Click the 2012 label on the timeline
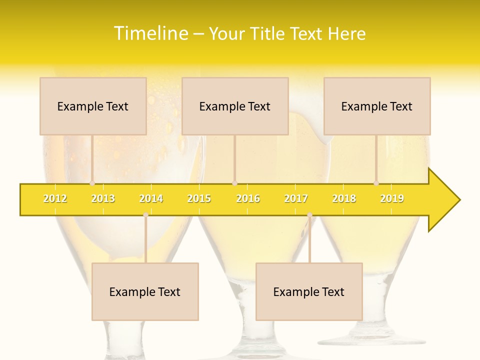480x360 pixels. pos(55,199)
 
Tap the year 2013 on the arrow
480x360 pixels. pos(103,199)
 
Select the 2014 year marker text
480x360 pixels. pos(151,199)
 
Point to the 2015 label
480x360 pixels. pos(199,199)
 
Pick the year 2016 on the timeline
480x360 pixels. pos(248,199)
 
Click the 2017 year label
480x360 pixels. pos(296,199)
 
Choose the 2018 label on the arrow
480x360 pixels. pos(344,199)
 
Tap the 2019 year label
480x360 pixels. pos(392,199)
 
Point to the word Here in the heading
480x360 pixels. pos(346,33)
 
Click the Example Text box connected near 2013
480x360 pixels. pos(93,106)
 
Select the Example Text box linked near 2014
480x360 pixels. pos(145,292)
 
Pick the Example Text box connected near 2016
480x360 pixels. pos(235,106)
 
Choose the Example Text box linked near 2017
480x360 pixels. pos(309,292)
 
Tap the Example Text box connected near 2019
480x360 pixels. pos(377,106)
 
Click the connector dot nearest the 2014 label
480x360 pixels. pos(145,215)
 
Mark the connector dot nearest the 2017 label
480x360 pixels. pos(309,215)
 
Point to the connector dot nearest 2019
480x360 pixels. pos(376,183)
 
